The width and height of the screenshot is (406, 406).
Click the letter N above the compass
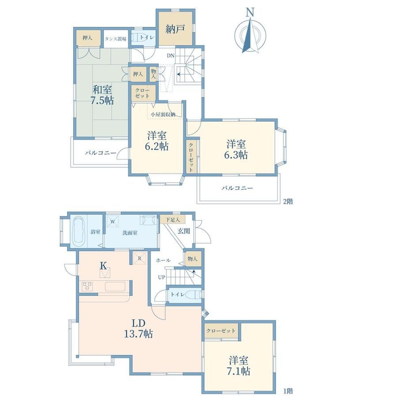point(250,12)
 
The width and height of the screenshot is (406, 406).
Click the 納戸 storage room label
point(175,29)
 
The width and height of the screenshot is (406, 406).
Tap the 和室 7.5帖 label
point(102,95)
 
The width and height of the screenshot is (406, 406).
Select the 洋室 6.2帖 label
point(157,141)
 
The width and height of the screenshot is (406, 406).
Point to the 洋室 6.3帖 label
point(236,150)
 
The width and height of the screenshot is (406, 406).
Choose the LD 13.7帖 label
point(139,329)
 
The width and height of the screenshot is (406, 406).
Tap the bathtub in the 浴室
point(79,232)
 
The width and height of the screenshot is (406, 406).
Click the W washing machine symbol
point(113,222)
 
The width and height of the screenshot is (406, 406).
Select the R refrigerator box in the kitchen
point(139,258)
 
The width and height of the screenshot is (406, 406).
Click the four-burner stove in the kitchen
point(87,286)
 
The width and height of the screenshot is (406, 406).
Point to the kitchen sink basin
point(115,287)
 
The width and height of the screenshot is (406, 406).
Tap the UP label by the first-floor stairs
point(162,278)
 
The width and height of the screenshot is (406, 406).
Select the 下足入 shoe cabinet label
point(173,220)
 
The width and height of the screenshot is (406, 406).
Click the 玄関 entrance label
point(184,231)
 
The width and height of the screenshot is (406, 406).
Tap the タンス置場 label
point(116,39)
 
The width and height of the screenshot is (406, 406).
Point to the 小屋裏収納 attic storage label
point(163,114)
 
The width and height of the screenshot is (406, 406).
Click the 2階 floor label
point(288,201)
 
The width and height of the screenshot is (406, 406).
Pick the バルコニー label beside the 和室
point(101,153)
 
